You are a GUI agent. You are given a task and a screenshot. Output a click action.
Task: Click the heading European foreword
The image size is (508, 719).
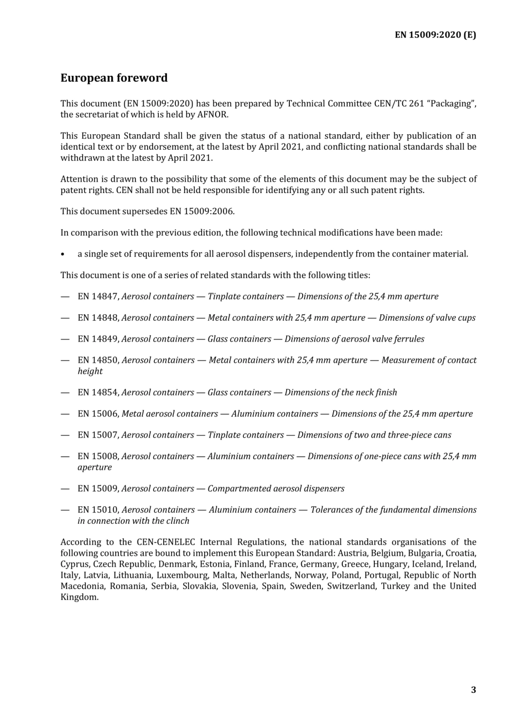click(x=114, y=78)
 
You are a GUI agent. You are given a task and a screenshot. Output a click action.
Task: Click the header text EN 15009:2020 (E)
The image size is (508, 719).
click(x=435, y=35)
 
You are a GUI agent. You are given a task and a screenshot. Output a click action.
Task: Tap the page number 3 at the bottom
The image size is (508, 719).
click(x=473, y=690)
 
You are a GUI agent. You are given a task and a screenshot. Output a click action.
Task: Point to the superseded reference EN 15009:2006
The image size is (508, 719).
click(x=202, y=211)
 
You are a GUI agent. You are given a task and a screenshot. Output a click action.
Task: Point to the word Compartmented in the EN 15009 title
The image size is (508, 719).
click(x=235, y=489)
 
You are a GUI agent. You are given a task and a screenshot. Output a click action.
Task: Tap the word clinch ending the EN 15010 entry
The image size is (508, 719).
click(x=177, y=521)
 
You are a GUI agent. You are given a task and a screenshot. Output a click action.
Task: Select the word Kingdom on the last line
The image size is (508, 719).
click(x=79, y=598)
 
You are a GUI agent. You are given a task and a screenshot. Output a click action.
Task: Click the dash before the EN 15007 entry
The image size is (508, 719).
click(x=65, y=436)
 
